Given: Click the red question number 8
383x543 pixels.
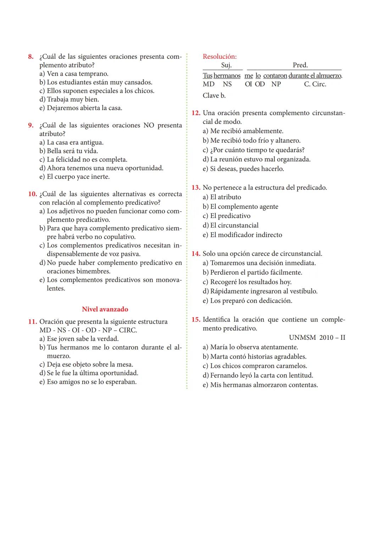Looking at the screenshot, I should click(x=31, y=57).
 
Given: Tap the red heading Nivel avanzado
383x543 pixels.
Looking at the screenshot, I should click(x=105, y=309).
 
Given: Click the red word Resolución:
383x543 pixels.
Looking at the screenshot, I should click(x=220, y=56).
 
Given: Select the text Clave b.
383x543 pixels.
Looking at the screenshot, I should click(x=214, y=95).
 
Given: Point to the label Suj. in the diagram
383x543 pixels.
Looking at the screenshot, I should click(x=226, y=65).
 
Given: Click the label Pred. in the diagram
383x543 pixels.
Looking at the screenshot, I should click(x=300, y=65).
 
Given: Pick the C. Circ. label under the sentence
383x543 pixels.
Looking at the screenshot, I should click(x=315, y=84).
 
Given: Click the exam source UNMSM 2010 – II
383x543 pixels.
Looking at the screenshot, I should click(x=317, y=337).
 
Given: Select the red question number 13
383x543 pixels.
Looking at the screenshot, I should click(x=196, y=188).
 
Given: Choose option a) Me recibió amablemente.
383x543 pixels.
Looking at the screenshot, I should click(x=243, y=131).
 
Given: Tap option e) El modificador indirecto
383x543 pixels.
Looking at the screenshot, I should click(x=242, y=235).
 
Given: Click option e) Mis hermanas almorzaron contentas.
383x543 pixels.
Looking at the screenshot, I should click(x=260, y=385).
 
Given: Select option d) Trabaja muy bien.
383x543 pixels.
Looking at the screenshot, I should click(x=69, y=99).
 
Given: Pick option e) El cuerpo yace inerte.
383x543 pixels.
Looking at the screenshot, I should click(x=74, y=177).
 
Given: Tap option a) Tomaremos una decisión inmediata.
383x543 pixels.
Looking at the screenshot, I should click(x=259, y=263).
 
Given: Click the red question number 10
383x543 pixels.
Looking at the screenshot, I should click(x=32, y=194).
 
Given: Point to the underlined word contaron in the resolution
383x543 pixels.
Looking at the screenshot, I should click(x=275, y=76).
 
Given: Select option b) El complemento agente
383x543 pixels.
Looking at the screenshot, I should click(x=240, y=206).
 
